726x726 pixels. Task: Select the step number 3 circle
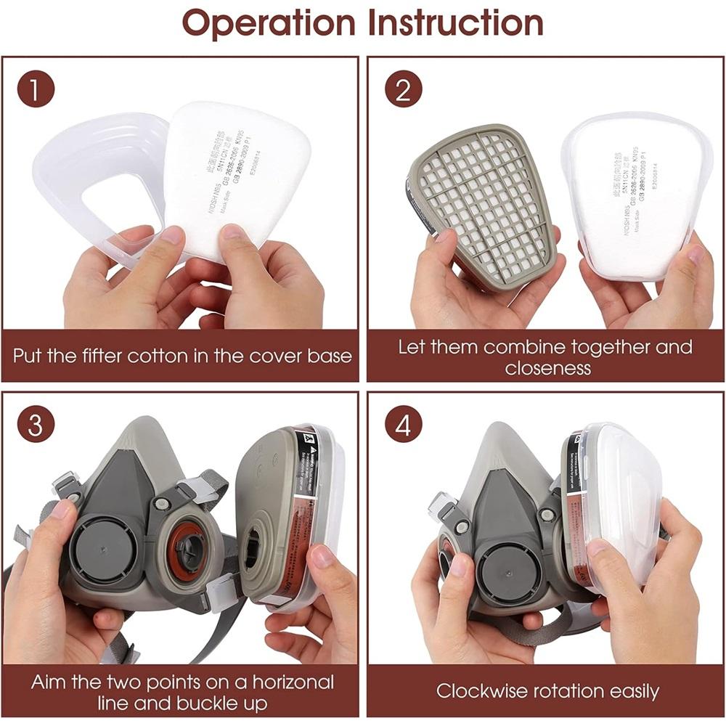point(36,425)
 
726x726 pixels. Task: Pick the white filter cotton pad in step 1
point(240,174)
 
